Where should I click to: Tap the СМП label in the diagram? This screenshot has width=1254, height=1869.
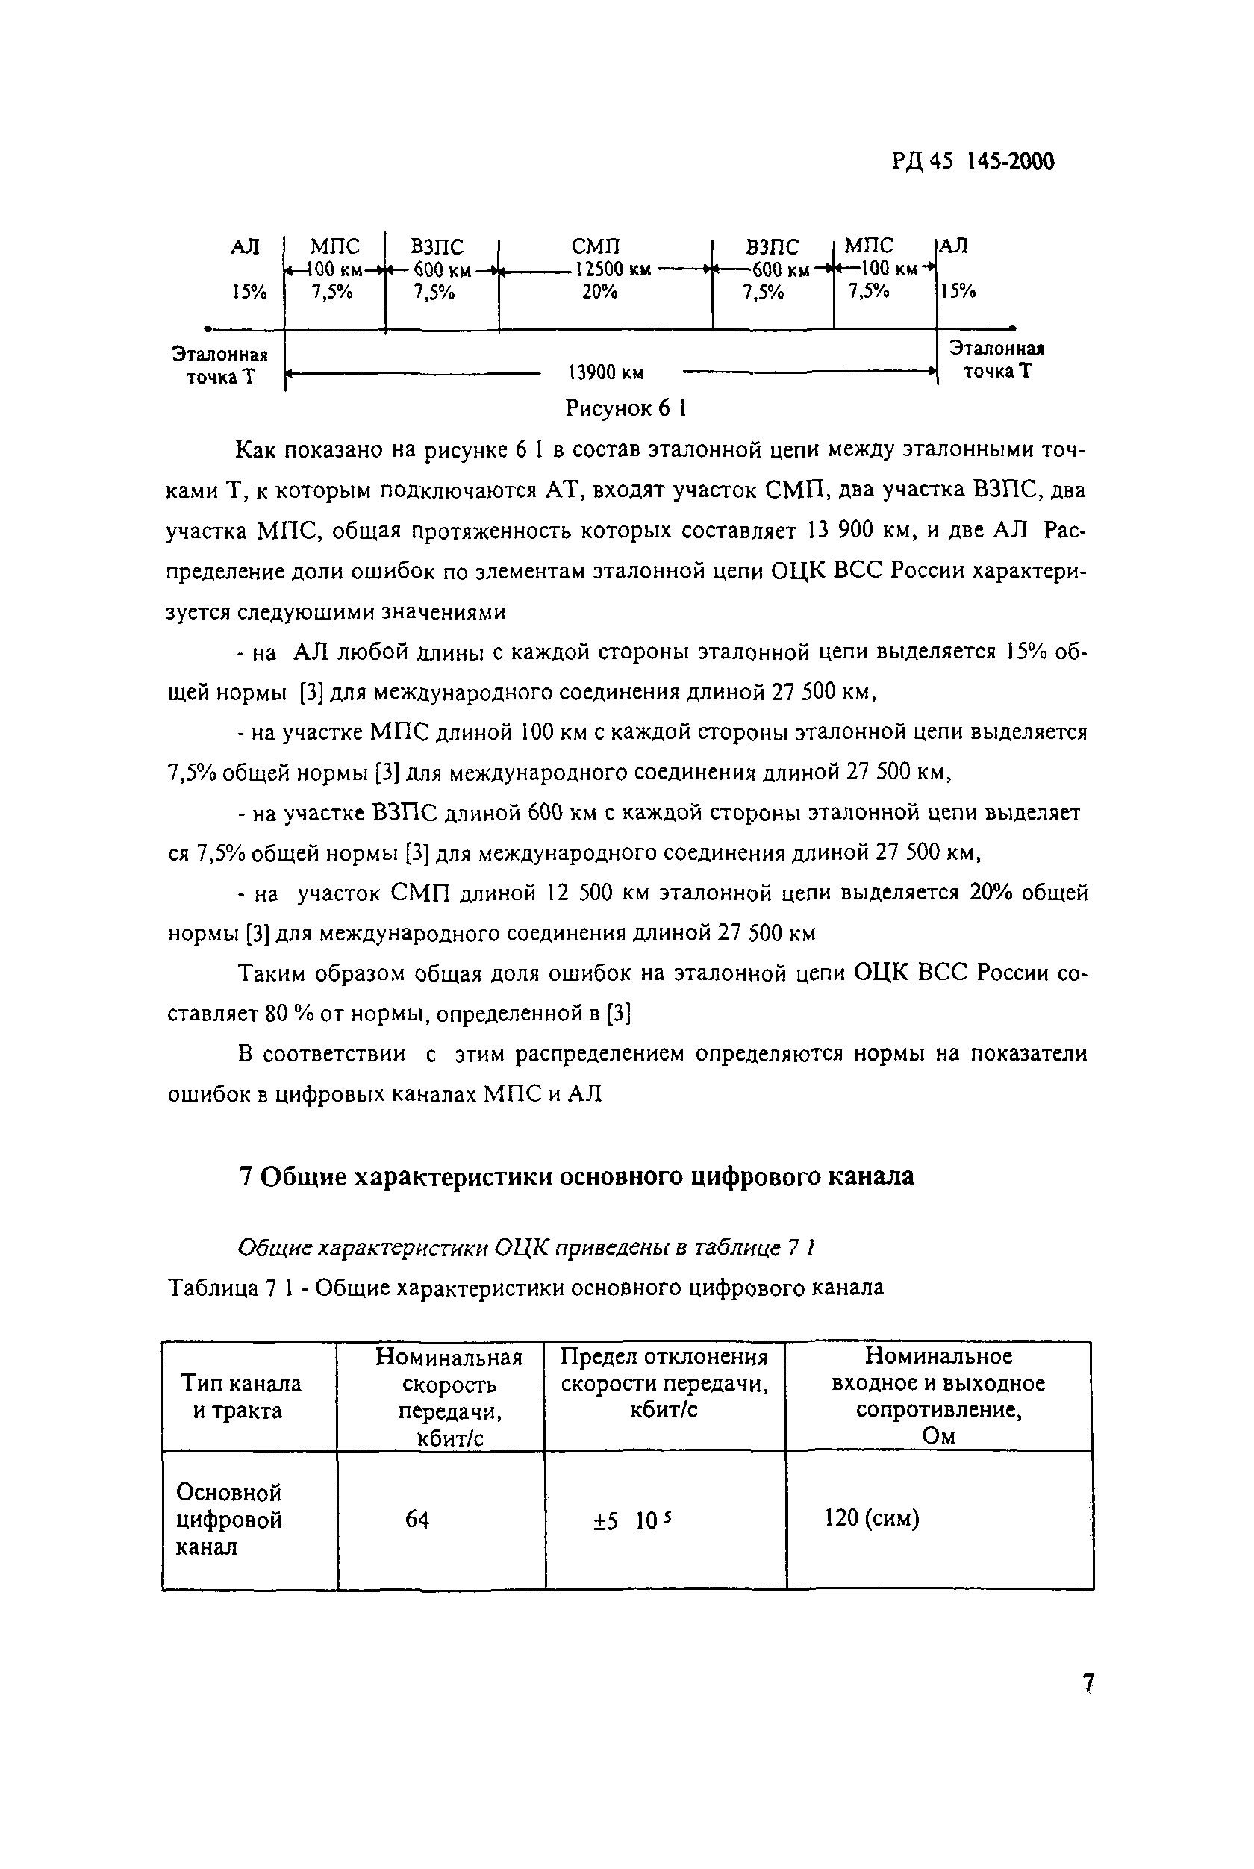click(596, 246)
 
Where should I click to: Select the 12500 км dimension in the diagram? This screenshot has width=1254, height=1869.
click(613, 269)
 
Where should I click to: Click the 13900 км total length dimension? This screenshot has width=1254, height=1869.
click(605, 372)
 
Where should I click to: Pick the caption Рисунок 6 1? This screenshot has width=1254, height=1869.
click(626, 409)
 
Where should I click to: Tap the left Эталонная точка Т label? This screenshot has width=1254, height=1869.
click(220, 366)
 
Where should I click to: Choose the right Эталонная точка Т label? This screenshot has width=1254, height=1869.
click(996, 360)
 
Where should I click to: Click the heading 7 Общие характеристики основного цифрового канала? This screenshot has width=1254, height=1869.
click(575, 1176)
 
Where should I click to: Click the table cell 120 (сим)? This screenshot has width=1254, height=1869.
click(872, 1518)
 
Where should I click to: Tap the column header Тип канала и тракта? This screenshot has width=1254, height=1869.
click(240, 1397)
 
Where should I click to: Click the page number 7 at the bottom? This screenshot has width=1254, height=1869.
click(1087, 1683)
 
